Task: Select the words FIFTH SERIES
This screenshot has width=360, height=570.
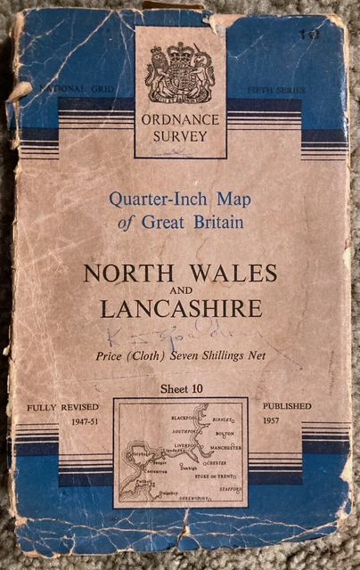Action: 277,91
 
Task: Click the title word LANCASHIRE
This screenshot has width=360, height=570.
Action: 181,308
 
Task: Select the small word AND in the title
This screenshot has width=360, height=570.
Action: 181,290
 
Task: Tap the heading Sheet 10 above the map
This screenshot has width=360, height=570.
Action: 181,389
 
